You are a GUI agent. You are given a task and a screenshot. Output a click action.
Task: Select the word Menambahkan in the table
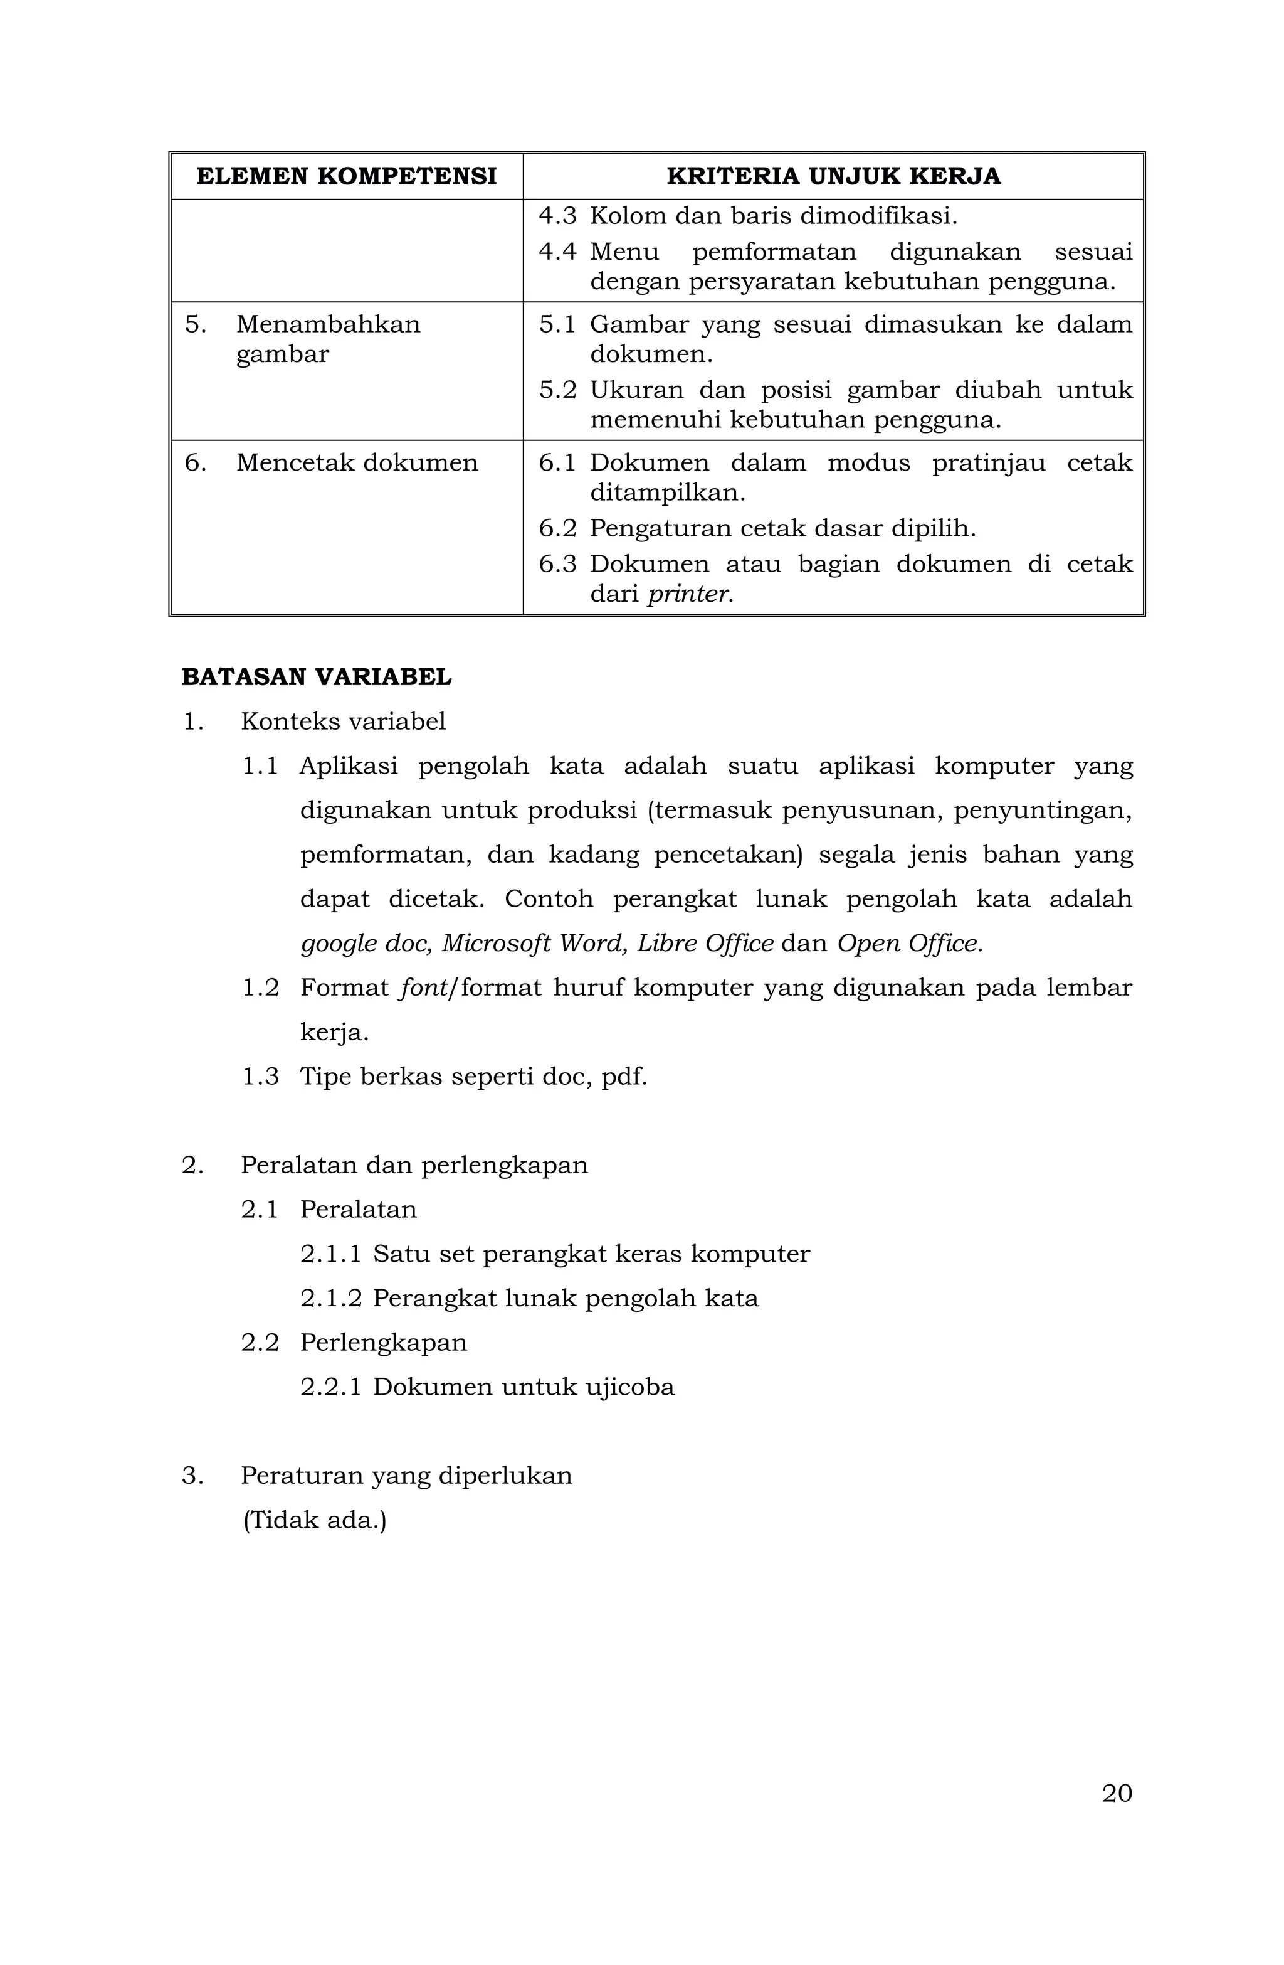[x=328, y=324]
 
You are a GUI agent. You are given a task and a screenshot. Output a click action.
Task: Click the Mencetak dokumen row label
[x=357, y=462]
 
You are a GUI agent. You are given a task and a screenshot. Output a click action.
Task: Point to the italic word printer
[x=690, y=594]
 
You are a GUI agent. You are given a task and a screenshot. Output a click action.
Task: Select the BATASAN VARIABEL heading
[x=316, y=678]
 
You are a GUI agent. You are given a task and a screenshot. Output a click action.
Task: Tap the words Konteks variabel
[x=342, y=722]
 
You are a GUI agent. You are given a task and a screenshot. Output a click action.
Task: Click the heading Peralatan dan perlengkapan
[x=414, y=1165]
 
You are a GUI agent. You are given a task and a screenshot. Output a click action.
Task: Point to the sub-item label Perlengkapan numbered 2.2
[x=383, y=1343]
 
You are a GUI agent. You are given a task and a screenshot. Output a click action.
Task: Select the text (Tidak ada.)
[x=313, y=1520]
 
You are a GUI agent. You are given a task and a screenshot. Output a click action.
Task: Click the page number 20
[x=1117, y=1793]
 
